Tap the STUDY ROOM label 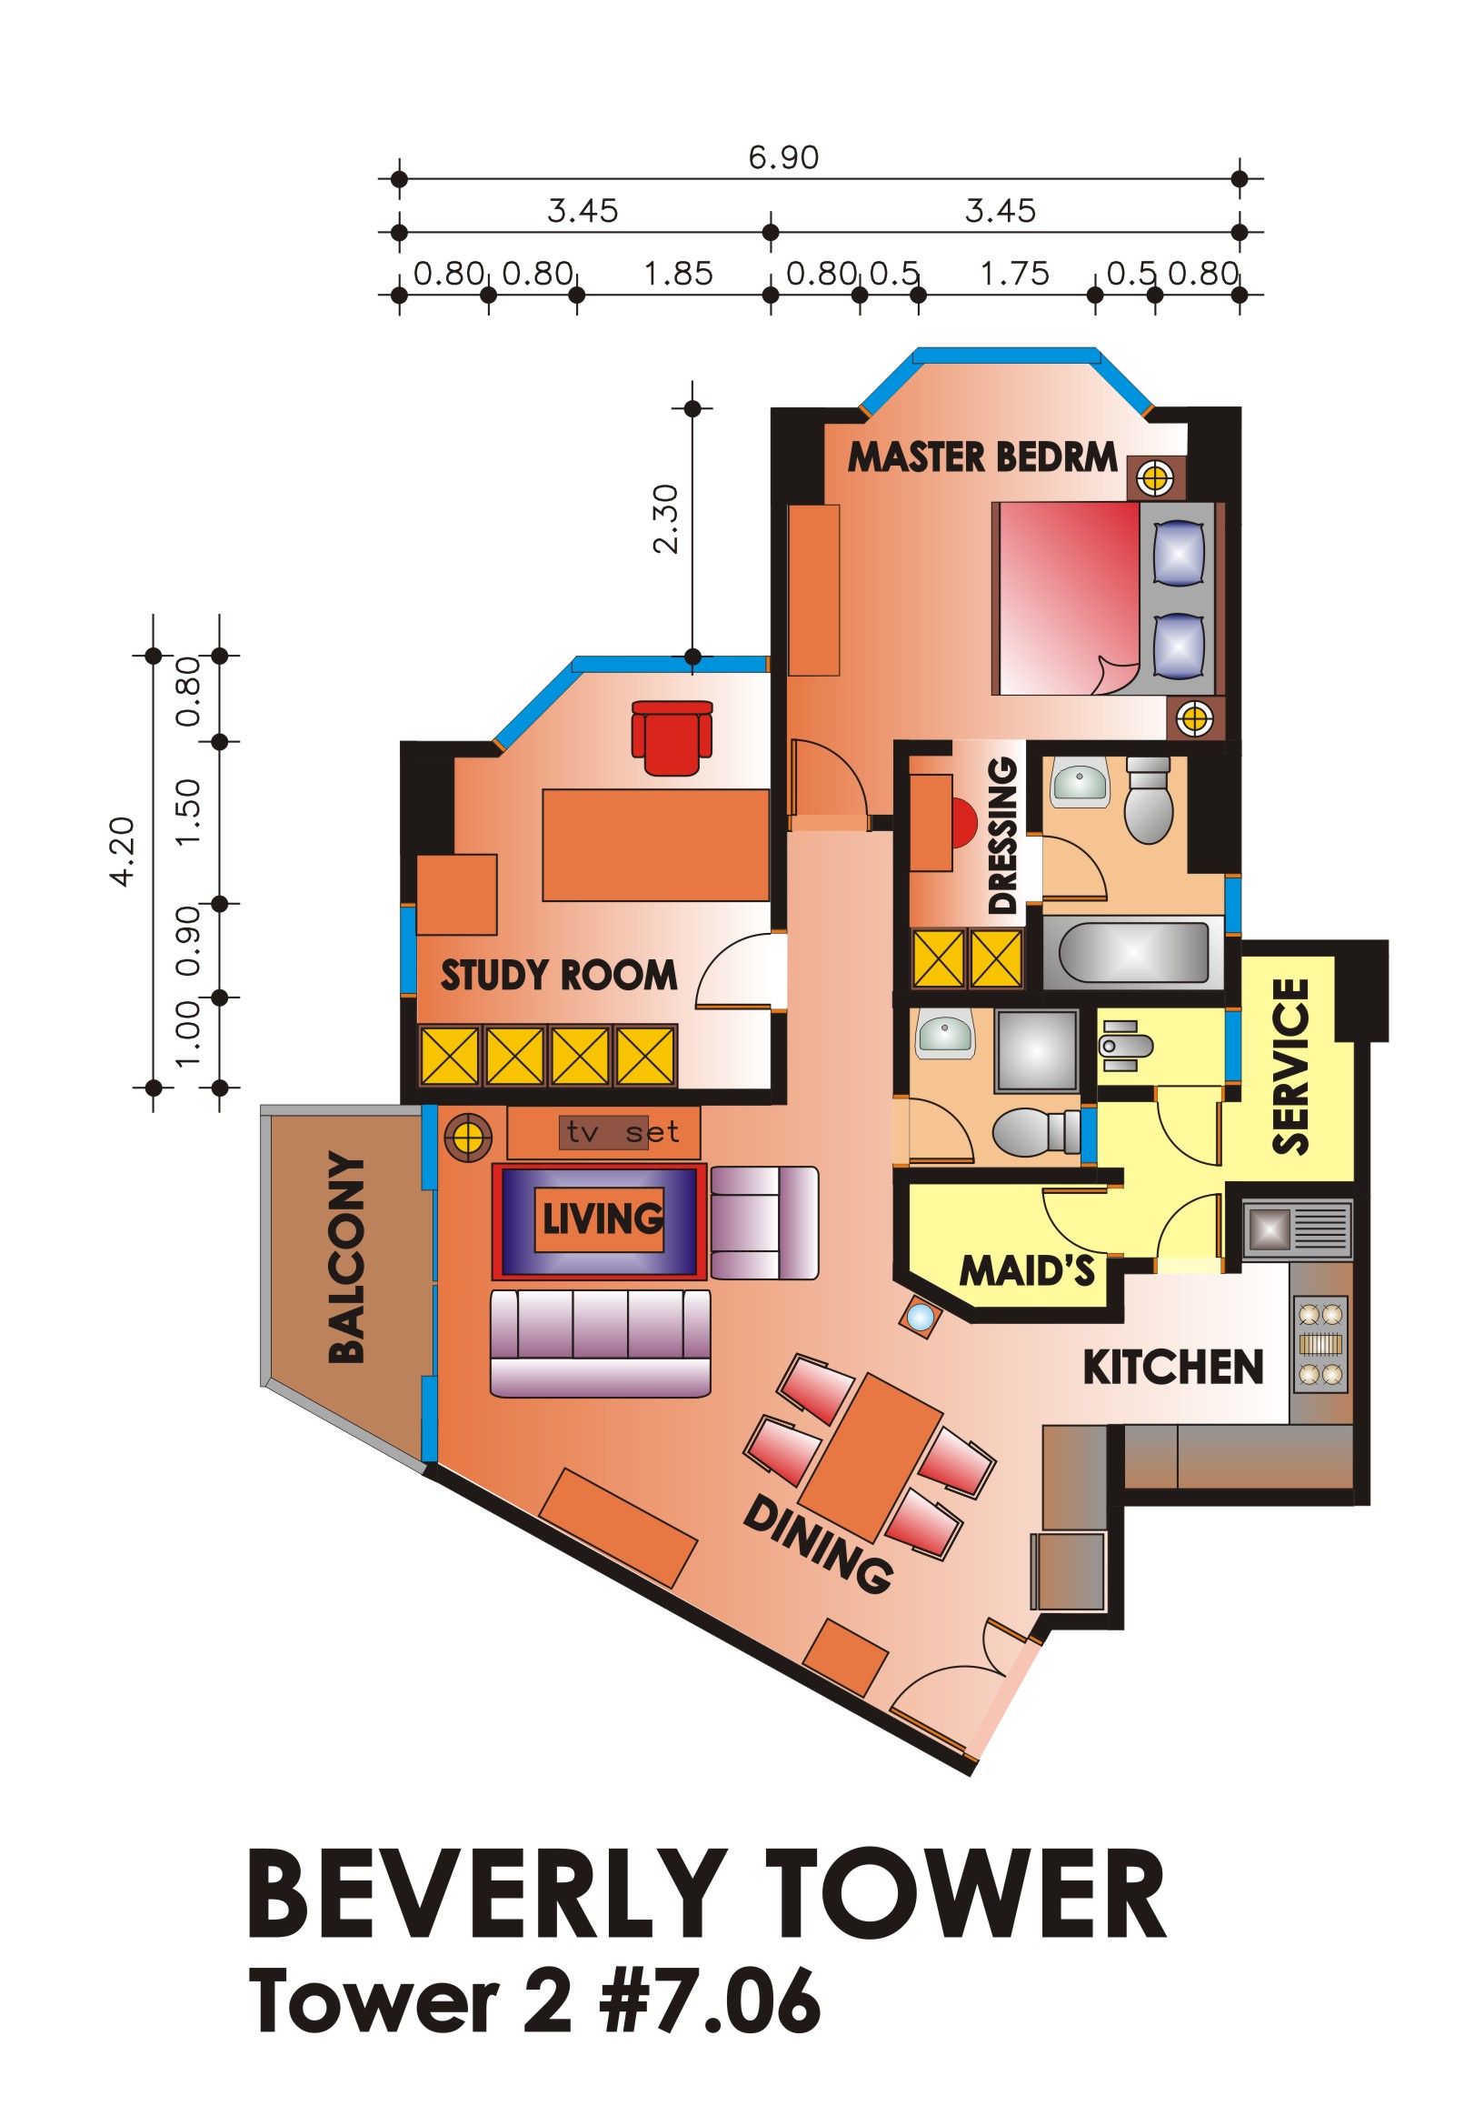pyautogui.click(x=559, y=976)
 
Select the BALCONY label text pyautogui.click(x=347, y=1258)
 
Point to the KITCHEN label pyautogui.click(x=1173, y=1368)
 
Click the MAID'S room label pyautogui.click(x=1027, y=1270)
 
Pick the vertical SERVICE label pyautogui.click(x=1291, y=1067)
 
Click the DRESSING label pyautogui.click(x=1002, y=836)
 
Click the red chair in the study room pyautogui.click(x=672, y=737)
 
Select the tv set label pyautogui.click(x=623, y=1132)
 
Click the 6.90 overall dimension pyautogui.click(x=783, y=158)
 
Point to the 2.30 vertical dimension pyautogui.click(x=665, y=519)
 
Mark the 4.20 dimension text pyautogui.click(x=122, y=852)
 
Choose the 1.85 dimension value pyautogui.click(x=678, y=275)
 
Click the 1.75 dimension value pyautogui.click(x=1014, y=275)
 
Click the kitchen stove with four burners pyautogui.click(x=1320, y=1344)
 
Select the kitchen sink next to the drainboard pyautogui.click(x=1270, y=1228)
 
